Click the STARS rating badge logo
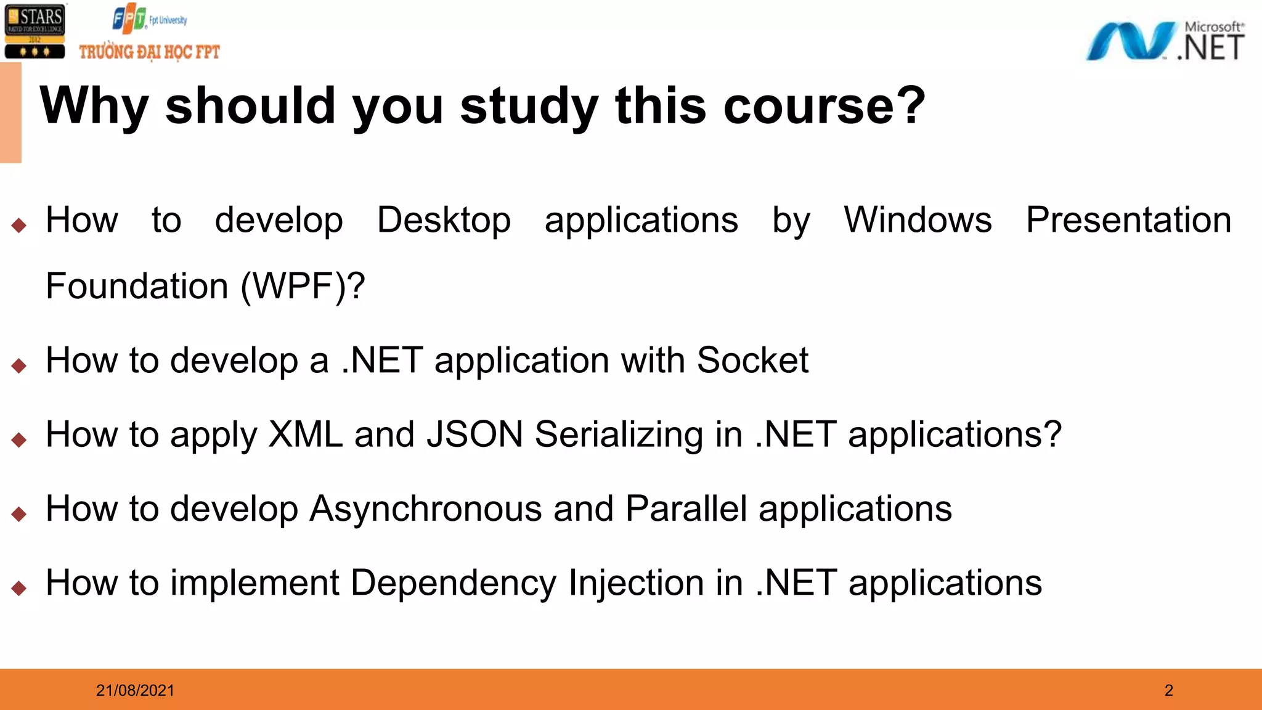pos(35,31)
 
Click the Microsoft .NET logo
pos(1165,41)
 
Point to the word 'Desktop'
pos(444,220)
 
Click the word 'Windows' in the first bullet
pos(918,220)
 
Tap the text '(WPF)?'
pos(303,287)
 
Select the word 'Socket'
pos(752,361)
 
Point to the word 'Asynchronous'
pos(425,510)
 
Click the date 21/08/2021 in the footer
pos(135,690)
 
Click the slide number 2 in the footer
pos(1168,690)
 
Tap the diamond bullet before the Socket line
pos(19,366)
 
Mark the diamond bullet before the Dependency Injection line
pos(19,588)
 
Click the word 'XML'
pos(306,435)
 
